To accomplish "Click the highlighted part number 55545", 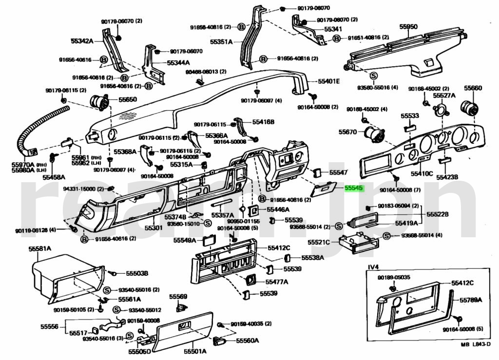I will [354, 188].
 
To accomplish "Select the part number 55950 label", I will [408, 27].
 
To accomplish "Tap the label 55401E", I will [329, 81].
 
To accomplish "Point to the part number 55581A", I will [39, 249].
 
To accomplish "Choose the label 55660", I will [472, 88].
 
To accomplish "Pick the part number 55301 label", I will [154, 227].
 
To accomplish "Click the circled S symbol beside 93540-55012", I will [117, 310].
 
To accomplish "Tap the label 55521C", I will [319, 242].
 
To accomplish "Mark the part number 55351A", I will [221, 42].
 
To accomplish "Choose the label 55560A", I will [248, 341].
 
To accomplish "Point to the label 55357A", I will [222, 215].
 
